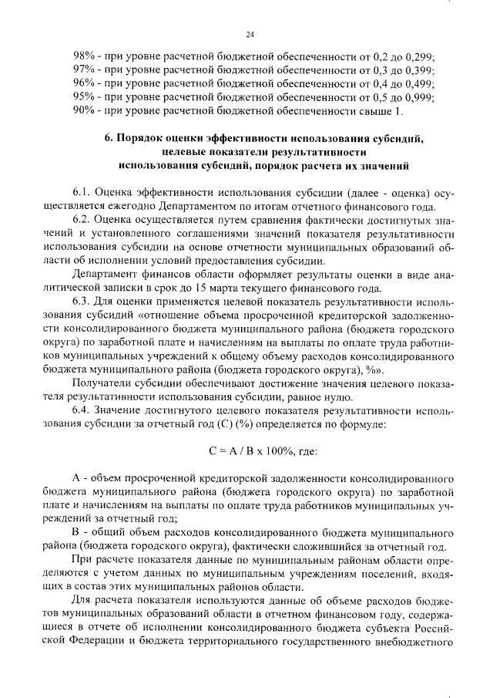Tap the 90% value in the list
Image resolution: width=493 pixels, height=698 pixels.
click(84, 111)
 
